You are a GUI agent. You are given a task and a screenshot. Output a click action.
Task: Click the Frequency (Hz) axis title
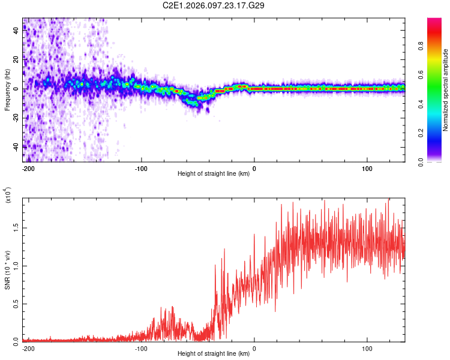pos(7,89)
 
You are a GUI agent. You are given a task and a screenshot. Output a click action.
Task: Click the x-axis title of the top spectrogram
pos(214,174)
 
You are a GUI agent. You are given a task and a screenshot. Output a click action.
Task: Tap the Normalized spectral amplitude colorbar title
pos(446,90)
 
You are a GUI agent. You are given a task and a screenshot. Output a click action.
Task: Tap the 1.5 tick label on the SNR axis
pos(16,228)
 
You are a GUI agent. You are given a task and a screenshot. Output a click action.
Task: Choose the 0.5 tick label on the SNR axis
pos(16,304)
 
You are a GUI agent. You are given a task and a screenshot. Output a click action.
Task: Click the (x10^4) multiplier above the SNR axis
pos(8,196)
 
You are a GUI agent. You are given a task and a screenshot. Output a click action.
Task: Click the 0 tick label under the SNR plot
pos(254,348)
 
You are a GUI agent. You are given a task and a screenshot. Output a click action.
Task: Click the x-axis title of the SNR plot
pos(214,354)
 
